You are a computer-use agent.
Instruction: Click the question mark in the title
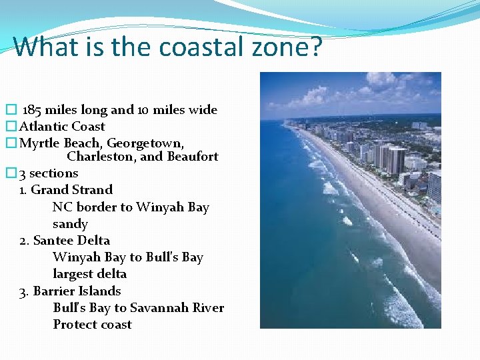click(x=315, y=47)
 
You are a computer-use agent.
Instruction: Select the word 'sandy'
click(x=70, y=224)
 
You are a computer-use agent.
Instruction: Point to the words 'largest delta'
click(x=89, y=274)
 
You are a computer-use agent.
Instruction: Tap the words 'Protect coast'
click(x=92, y=325)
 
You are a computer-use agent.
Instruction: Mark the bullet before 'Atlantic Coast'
click(x=10, y=127)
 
